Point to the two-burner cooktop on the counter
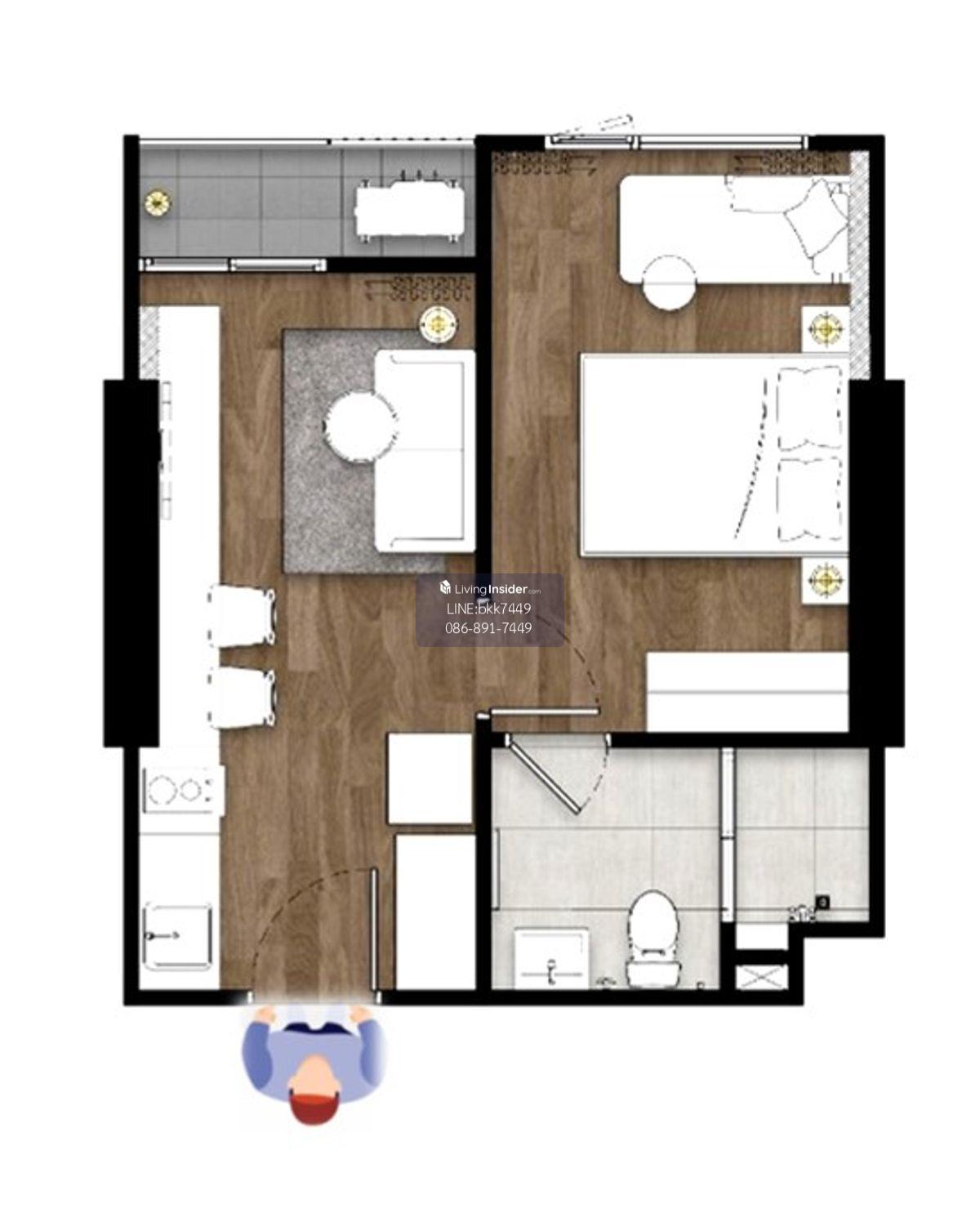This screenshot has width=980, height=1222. click(x=181, y=789)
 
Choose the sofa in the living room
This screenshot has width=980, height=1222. click(x=424, y=451)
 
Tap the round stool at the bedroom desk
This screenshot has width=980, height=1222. click(x=670, y=282)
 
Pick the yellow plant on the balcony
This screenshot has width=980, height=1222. click(x=157, y=202)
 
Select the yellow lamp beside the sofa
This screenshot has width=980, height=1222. click(x=439, y=324)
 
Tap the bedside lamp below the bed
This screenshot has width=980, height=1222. click(x=825, y=578)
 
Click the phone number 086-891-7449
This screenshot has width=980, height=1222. click(x=488, y=628)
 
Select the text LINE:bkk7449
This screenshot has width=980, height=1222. click(x=488, y=609)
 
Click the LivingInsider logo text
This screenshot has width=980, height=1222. click(x=491, y=589)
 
